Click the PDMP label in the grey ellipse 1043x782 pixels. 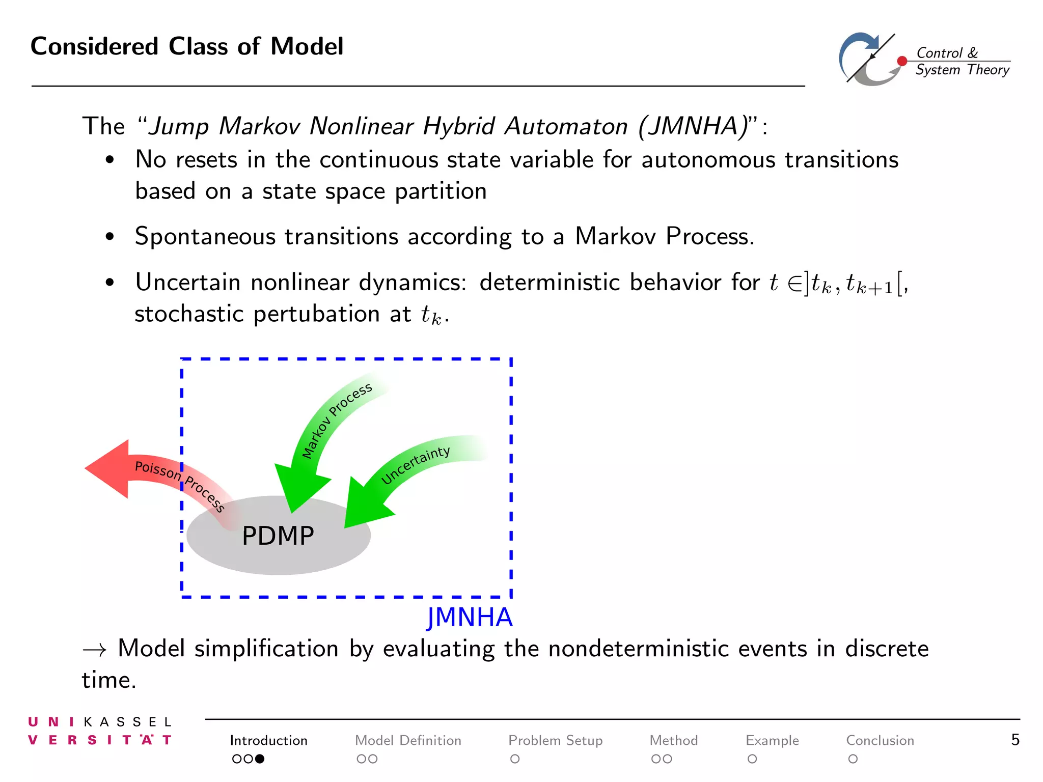(x=278, y=536)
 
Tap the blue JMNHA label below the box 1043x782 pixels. (x=469, y=617)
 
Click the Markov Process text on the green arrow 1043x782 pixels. (x=336, y=421)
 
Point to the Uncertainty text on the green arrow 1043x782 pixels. (x=416, y=465)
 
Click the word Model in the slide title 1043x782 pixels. (x=307, y=47)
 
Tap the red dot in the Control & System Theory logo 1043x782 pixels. (x=902, y=61)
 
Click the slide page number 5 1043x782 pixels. (x=1015, y=740)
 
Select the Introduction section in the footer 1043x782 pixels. (x=268, y=740)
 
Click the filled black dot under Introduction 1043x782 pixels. (x=260, y=759)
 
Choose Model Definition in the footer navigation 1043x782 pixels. (x=408, y=740)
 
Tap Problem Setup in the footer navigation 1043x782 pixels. (x=555, y=740)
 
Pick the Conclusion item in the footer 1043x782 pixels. (x=880, y=740)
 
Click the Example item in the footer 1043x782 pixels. (x=772, y=740)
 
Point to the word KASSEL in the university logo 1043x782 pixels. (x=127, y=722)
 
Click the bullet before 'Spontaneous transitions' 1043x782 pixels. (x=109, y=237)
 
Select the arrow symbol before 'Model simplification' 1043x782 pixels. (x=95, y=650)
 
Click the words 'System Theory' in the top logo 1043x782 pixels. (x=962, y=70)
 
